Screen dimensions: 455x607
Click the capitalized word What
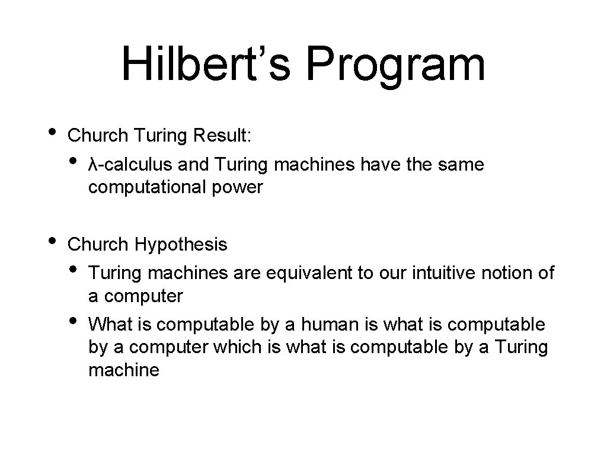coord(109,324)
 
